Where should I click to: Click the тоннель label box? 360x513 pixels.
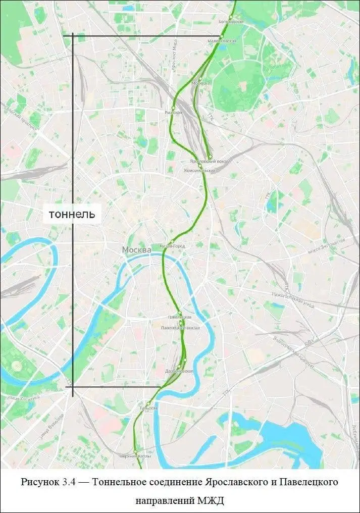[x=71, y=214]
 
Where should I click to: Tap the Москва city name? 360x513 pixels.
[x=136, y=250]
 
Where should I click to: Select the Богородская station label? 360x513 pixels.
[x=231, y=22]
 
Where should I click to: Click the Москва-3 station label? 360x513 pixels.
[x=201, y=83]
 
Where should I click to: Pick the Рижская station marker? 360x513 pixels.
[x=173, y=108]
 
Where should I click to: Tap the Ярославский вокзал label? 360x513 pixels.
[x=210, y=161]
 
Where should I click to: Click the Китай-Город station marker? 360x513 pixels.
[x=173, y=241]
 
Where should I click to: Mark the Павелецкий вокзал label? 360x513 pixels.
[x=180, y=328]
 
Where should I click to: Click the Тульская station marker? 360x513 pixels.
[x=148, y=403]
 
